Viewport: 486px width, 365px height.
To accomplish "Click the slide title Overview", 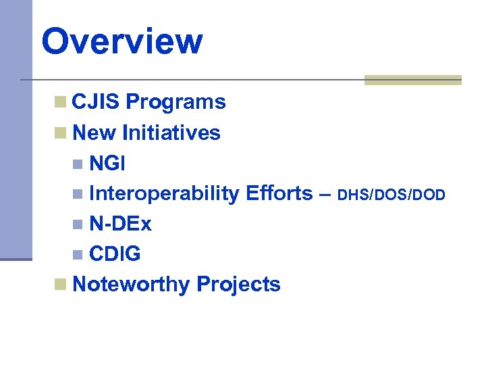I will [x=122, y=41].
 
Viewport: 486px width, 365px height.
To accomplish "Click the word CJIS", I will [x=96, y=102].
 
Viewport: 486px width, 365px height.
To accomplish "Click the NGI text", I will [x=107, y=163].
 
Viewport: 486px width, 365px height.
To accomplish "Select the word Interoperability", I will [x=164, y=193].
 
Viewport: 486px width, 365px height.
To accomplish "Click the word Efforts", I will [x=279, y=193].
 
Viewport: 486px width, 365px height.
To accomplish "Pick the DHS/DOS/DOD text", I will [x=391, y=195].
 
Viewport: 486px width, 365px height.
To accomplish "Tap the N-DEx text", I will [x=120, y=224].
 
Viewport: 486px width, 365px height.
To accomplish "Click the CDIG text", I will [x=115, y=254].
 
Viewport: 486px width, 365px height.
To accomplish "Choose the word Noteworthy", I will [x=131, y=285].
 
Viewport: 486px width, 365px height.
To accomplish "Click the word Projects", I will [x=238, y=285].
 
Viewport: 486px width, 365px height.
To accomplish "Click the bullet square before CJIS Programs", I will [x=61, y=103].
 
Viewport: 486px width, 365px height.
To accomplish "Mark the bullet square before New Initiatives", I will [x=61, y=133].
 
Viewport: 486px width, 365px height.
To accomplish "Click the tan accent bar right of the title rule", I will [x=412, y=80].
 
